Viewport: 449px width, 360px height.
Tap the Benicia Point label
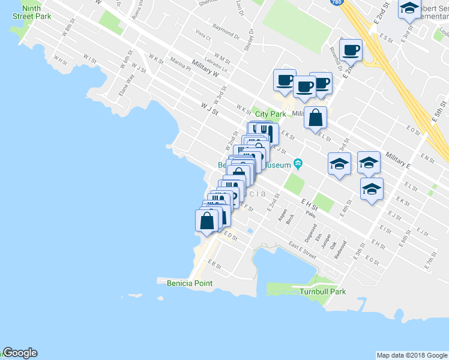[185, 283]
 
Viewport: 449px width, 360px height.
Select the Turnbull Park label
[323, 292]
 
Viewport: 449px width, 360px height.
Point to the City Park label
[270, 114]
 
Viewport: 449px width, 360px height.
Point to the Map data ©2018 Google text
[412, 355]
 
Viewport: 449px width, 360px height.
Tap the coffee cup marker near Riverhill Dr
[350, 50]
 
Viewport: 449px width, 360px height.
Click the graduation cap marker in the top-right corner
[410, 9]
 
